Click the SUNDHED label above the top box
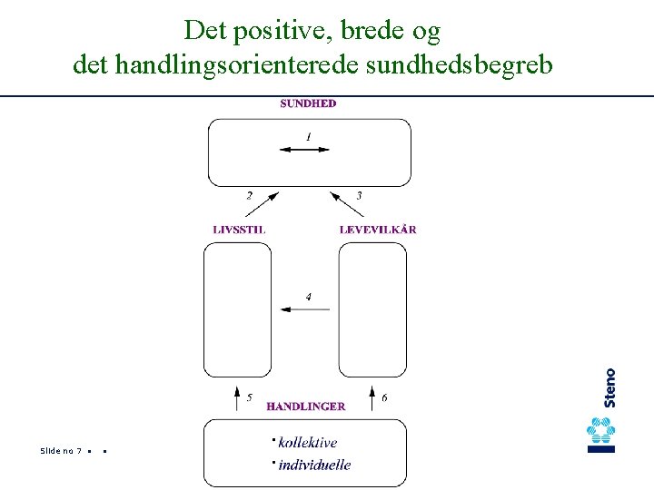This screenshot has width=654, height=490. pyautogui.click(x=308, y=103)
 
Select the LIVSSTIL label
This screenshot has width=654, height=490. pyautogui.click(x=239, y=230)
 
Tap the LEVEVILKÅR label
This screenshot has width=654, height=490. pyautogui.click(x=378, y=230)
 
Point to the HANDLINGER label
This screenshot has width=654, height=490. pyautogui.click(x=305, y=407)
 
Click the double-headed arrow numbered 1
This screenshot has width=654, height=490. pyautogui.click(x=304, y=149)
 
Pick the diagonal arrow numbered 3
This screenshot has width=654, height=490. pyautogui.click(x=346, y=204)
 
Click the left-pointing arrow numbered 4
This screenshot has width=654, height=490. pyautogui.click(x=305, y=309)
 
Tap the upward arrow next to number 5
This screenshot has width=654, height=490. pyautogui.click(x=237, y=397)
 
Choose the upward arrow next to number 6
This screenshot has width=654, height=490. pyautogui.click(x=372, y=397)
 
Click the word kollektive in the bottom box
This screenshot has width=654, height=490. pyautogui.click(x=308, y=443)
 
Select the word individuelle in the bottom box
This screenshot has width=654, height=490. pyautogui.click(x=314, y=465)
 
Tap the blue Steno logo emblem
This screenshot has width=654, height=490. pyautogui.click(x=601, y=435)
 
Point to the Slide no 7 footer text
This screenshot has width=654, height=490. pyautogui.click(x=62, y=451)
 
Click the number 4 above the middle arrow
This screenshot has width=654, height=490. pyautogui.click(x=308, y=297)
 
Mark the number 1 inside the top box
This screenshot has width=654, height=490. pyautogui.click(x=308, y=136)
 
